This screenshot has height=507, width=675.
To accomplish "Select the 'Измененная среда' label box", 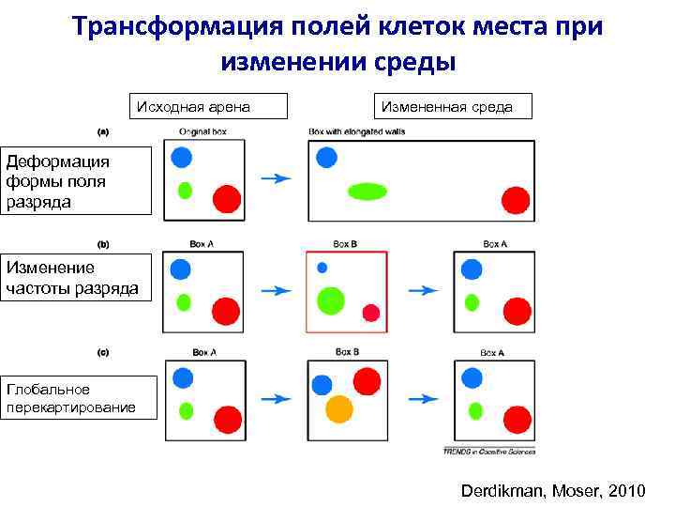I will pos(452,106).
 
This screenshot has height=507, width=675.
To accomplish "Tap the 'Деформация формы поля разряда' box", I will pos(75,180).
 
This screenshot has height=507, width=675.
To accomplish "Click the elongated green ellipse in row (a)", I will pos(367,192).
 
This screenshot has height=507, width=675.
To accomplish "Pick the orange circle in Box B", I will pos(338,408).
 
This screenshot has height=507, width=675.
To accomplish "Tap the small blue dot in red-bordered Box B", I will pos(322,268).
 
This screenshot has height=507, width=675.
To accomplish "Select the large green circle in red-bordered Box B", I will pos(330,300).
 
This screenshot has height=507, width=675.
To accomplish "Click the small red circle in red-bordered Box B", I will pos(371,313).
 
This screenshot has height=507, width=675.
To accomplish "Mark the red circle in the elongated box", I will pos(515,200).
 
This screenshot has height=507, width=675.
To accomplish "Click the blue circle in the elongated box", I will pos(326,157).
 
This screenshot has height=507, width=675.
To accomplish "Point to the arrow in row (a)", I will pos(276,177).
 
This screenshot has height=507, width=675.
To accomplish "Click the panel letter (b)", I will pos(103,243).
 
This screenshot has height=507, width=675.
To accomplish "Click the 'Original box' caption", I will pos(202,131).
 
